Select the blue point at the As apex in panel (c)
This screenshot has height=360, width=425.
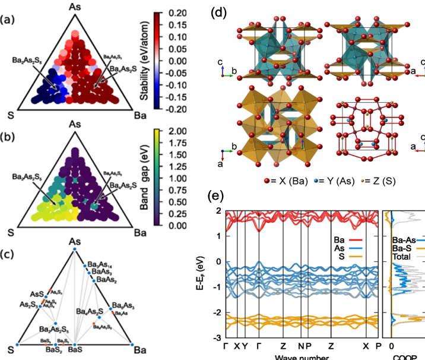(x=75, y=250)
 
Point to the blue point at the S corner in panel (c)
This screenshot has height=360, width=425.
(x=18, y=344)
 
